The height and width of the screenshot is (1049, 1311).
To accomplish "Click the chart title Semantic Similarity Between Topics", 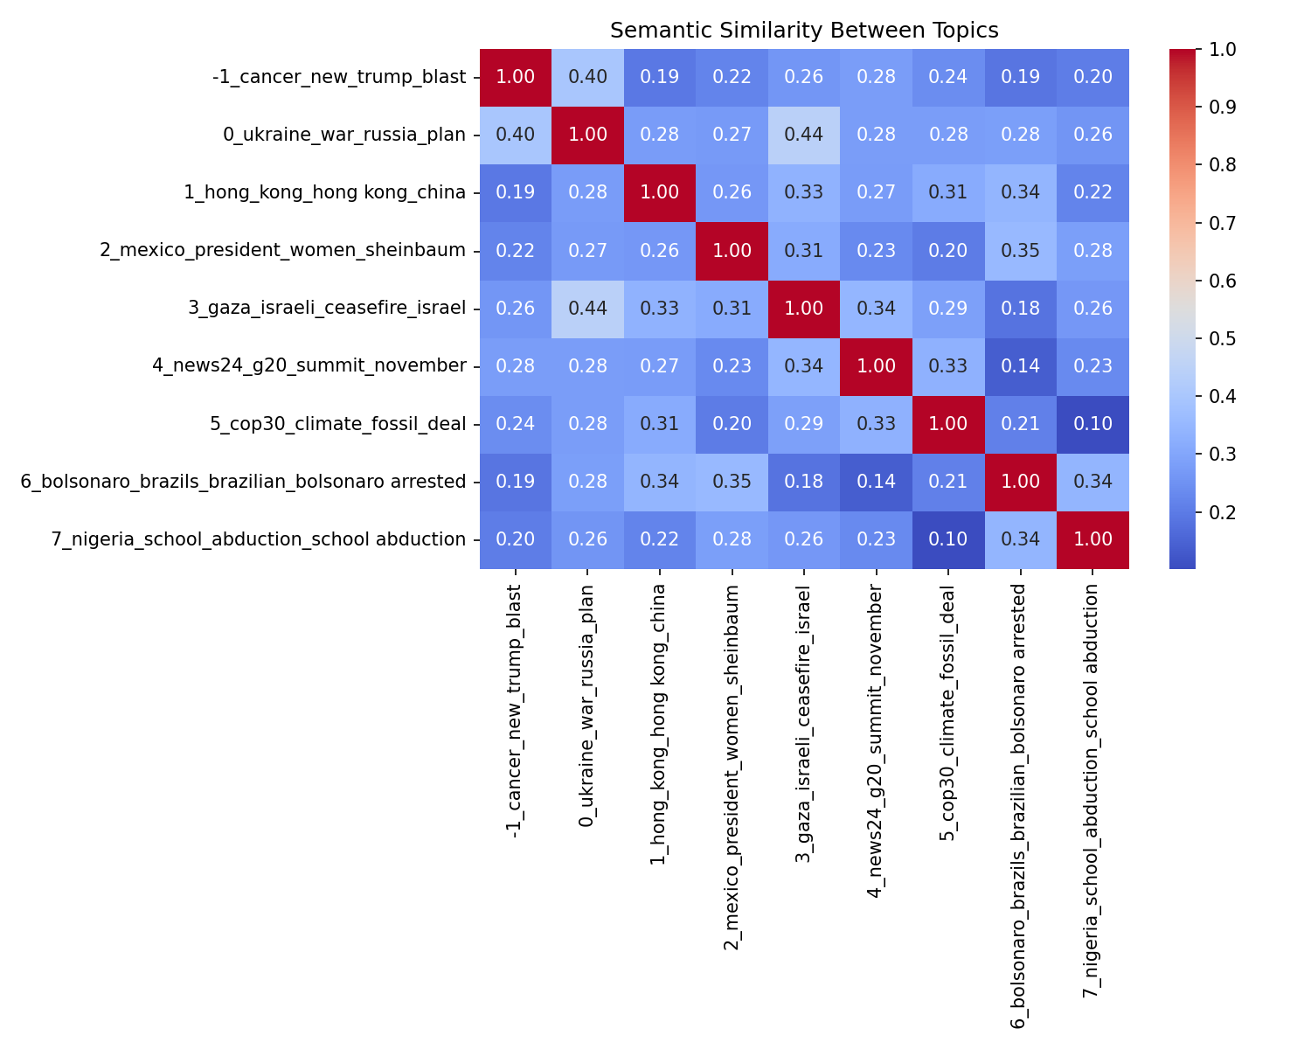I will (x=804, y=31).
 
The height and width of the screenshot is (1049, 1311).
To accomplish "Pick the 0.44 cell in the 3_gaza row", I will (x=587, y=308).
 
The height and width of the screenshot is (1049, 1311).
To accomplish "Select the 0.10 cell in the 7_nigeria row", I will (x=948, y=539).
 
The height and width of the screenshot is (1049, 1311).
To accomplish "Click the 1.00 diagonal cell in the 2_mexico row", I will (x=732, y=250).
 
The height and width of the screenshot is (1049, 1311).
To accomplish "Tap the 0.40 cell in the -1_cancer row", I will (x=587, y=77).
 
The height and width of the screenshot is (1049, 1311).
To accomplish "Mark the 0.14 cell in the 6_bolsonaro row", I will (x=877, y=482).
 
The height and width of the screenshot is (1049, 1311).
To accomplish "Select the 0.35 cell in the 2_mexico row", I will (x=1021, y=250).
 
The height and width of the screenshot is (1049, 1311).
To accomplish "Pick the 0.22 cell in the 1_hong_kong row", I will (x=1092, y=192).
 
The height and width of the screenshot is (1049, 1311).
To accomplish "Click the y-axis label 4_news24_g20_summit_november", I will (x=309, y=365).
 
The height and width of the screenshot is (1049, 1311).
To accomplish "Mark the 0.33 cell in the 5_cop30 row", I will (x=877, y=424).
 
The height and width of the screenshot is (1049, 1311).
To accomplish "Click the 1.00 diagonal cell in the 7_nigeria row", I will (x=1092, y=539).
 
